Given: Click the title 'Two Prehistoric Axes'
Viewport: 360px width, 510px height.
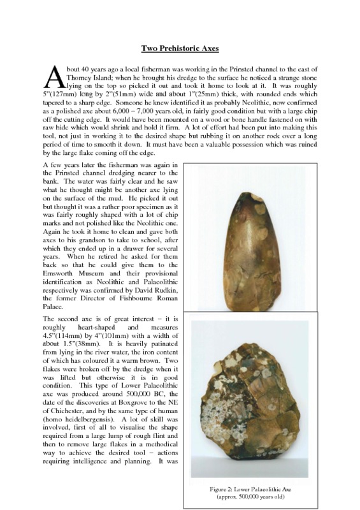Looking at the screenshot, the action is pyautogui.click(x=180, y=49).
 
